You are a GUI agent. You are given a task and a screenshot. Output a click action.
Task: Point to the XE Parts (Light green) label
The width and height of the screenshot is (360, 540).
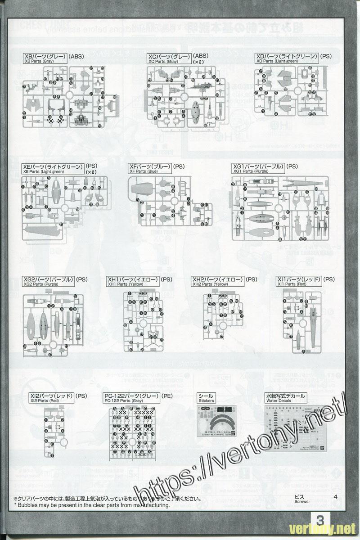(x=53, y=168)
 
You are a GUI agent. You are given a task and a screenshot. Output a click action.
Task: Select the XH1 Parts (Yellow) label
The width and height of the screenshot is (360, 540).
(x=133, y=281)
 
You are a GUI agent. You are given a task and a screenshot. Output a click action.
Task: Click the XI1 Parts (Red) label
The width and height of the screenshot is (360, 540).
(x=299, y=281)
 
